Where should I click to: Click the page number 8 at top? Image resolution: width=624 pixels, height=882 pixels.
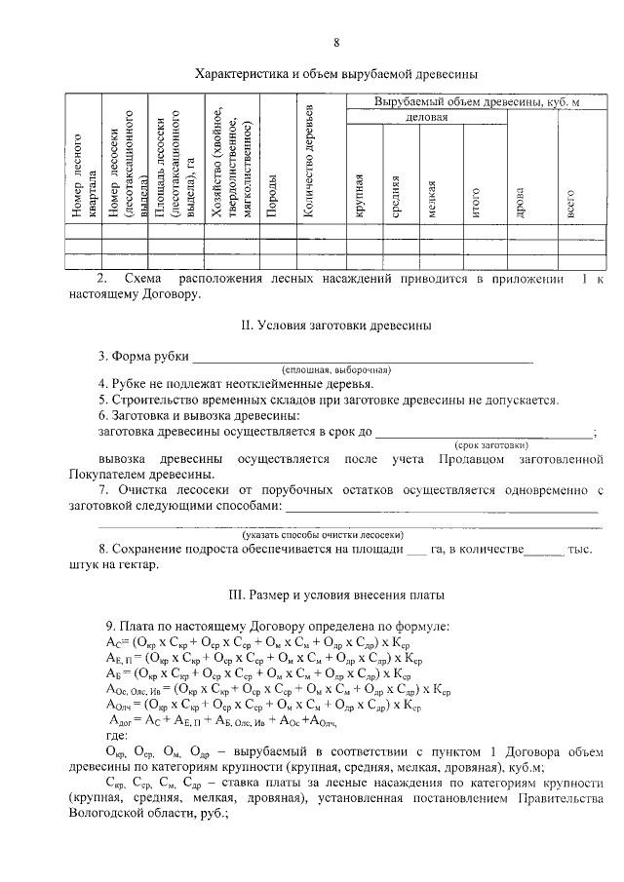point(336,42)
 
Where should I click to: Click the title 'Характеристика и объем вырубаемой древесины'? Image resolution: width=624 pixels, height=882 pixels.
point(335,73)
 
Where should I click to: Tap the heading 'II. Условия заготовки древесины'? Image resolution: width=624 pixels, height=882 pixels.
point(335,325)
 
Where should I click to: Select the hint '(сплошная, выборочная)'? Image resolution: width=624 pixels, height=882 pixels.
point(336,371)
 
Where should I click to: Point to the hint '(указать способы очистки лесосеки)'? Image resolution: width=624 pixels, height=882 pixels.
point(323,535)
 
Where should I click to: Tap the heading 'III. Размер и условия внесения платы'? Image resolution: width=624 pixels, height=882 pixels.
point(335,594)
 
